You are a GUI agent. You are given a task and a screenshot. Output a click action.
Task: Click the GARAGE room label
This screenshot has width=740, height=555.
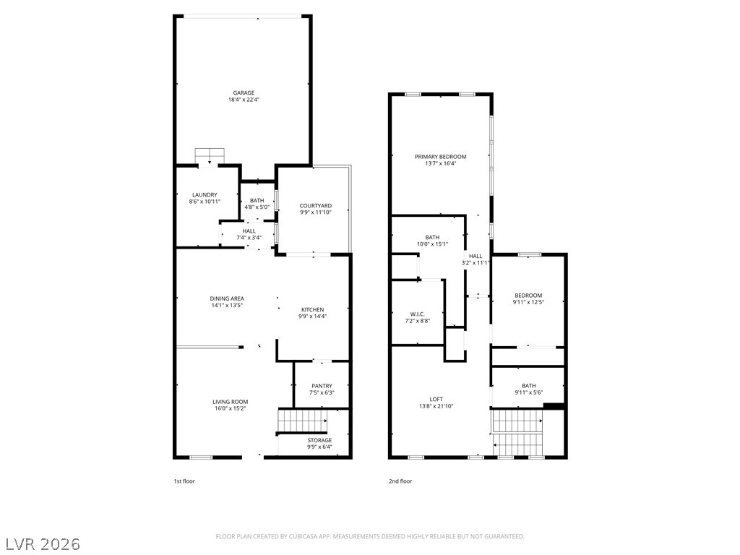click(x=244, y=93)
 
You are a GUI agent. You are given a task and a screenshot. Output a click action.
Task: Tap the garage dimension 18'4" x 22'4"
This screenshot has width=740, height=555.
click(x=244, y=100)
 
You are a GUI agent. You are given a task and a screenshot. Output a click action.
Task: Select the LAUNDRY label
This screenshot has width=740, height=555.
click(x=205, y=195)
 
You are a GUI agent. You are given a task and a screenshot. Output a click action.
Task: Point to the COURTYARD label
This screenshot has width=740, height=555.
click(x=316, y=206)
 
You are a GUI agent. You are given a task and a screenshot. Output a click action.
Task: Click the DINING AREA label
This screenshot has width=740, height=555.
click(x=227, y=298)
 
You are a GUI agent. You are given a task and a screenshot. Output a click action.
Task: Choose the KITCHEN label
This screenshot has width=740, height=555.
click(x=312, y=309)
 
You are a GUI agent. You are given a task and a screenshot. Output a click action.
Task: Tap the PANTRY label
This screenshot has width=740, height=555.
click(x=322, y=386)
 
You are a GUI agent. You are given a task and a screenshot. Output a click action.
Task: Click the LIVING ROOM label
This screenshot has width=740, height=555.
click(x=231, y=402)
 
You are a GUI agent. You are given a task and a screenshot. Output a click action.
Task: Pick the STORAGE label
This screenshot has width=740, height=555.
click(x=320, y=440)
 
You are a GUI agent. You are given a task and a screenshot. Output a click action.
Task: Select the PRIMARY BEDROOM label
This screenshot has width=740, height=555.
click(x=441, y=157)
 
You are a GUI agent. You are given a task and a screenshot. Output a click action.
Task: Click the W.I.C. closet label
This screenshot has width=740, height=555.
click(x=418, y=314)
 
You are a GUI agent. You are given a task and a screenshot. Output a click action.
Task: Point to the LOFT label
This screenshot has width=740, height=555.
click(x=436, y=399)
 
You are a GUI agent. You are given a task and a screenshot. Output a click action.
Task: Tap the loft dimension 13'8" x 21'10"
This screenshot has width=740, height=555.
click(x=436, y=406)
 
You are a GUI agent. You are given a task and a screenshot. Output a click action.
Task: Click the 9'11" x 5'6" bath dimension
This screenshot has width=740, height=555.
click(x=528, y=392)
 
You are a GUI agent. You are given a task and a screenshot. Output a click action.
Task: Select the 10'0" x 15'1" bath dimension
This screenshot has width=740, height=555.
click(x=432, y=244)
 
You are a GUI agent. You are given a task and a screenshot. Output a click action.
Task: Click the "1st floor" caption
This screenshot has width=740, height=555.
click(x=184, y=481)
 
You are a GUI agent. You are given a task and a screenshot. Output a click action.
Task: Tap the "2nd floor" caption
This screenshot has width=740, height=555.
click(x=400, y=481)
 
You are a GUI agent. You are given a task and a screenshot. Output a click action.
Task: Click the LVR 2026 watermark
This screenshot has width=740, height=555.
click(x=40, y=544)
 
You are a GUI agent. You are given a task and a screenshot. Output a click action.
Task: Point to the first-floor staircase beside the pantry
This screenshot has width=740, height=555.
click(x=302, y=421)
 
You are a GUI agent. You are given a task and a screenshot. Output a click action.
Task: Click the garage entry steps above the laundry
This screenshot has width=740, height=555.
click(x=210, y=156)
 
